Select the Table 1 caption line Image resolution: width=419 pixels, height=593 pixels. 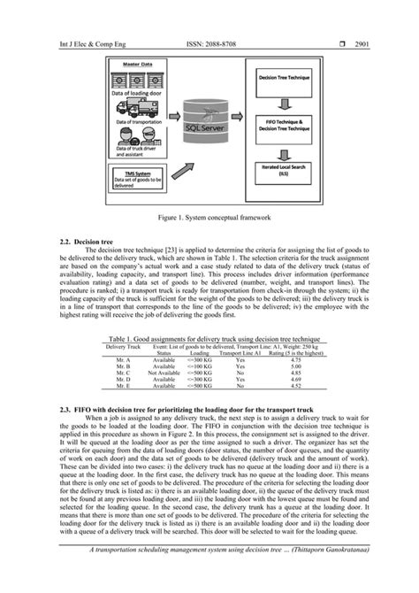pos(209,339)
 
